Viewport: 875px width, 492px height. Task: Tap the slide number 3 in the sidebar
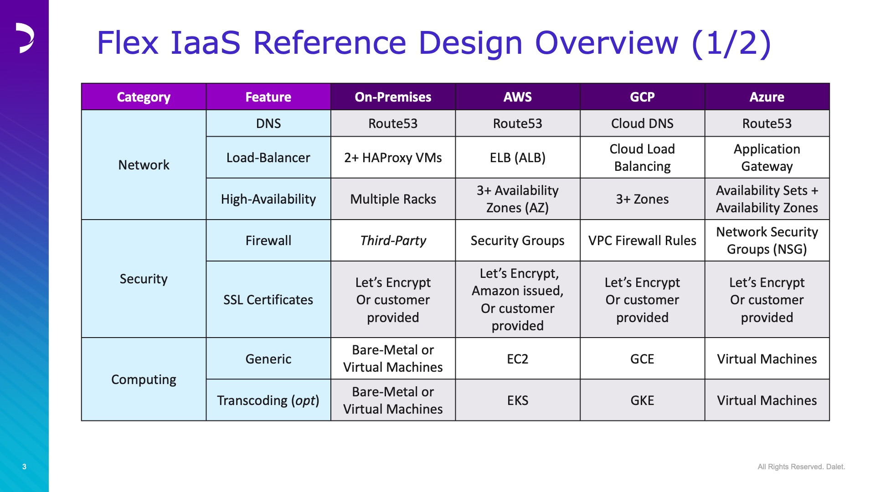pyautogui.click(x=24, y=466)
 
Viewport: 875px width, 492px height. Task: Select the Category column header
pyautogui.click(x=144, y=97)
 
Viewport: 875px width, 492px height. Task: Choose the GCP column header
pyautogui.click(x=642, y=97)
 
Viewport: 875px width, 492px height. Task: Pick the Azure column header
pyautogui.click(x=767, y=97)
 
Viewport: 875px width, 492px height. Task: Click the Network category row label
pyautogui.click(x=144, y=165)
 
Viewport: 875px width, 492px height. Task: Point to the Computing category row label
pyautogui.click(x=144, y=379)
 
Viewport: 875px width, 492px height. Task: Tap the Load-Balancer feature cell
pyautogui.click(x=268, y=158)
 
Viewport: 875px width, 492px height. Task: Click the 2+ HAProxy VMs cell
pyautogui.click(x=393, y=158)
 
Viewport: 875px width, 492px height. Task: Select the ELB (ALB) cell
pyautogui.click(x=518, y=158)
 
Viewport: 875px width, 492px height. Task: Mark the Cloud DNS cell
pyautogui.click(x=642, y=123)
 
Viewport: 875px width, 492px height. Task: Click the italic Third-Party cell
pyautogui.click(x=393, y=241)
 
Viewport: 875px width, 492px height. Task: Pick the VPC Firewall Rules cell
pyautogui.click(x=642, y=241)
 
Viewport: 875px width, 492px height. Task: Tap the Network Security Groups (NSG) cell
pyautogui.click(x=767, y=241)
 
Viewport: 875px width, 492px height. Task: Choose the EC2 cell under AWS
pyautogui.click(x=518, y=359)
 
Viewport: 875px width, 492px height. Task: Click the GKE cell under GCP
pyautogui.click(x=642, y=400)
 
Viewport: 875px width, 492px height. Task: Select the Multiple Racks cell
pyautogui.click(x=393, y=199)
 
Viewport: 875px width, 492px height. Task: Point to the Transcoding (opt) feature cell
pyautogui.click(x=268, y=400)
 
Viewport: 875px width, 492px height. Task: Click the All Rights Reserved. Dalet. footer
pyautogui.click(x=801, y=466)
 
